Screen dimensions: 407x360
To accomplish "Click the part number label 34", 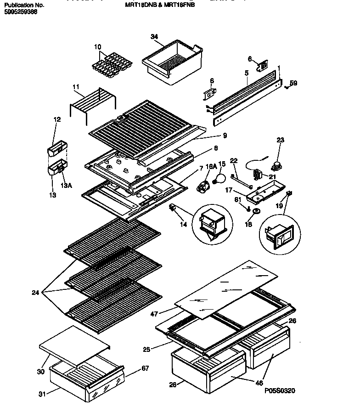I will click(154, 37).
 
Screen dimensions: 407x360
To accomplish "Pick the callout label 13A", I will click(67, 186).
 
